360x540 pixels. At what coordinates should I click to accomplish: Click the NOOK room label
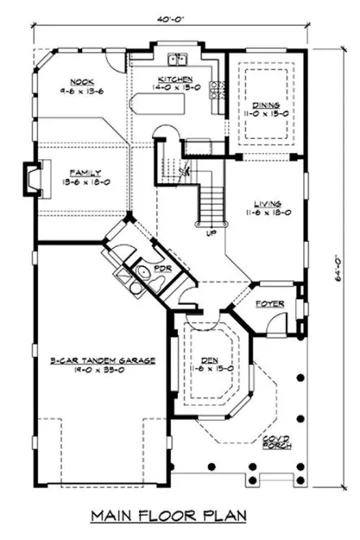click(80, 81)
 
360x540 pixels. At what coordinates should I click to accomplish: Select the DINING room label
click(266, 106)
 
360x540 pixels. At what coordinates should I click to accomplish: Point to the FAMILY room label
click(85, 172)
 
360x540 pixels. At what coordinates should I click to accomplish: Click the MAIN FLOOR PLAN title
click(180, 516)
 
